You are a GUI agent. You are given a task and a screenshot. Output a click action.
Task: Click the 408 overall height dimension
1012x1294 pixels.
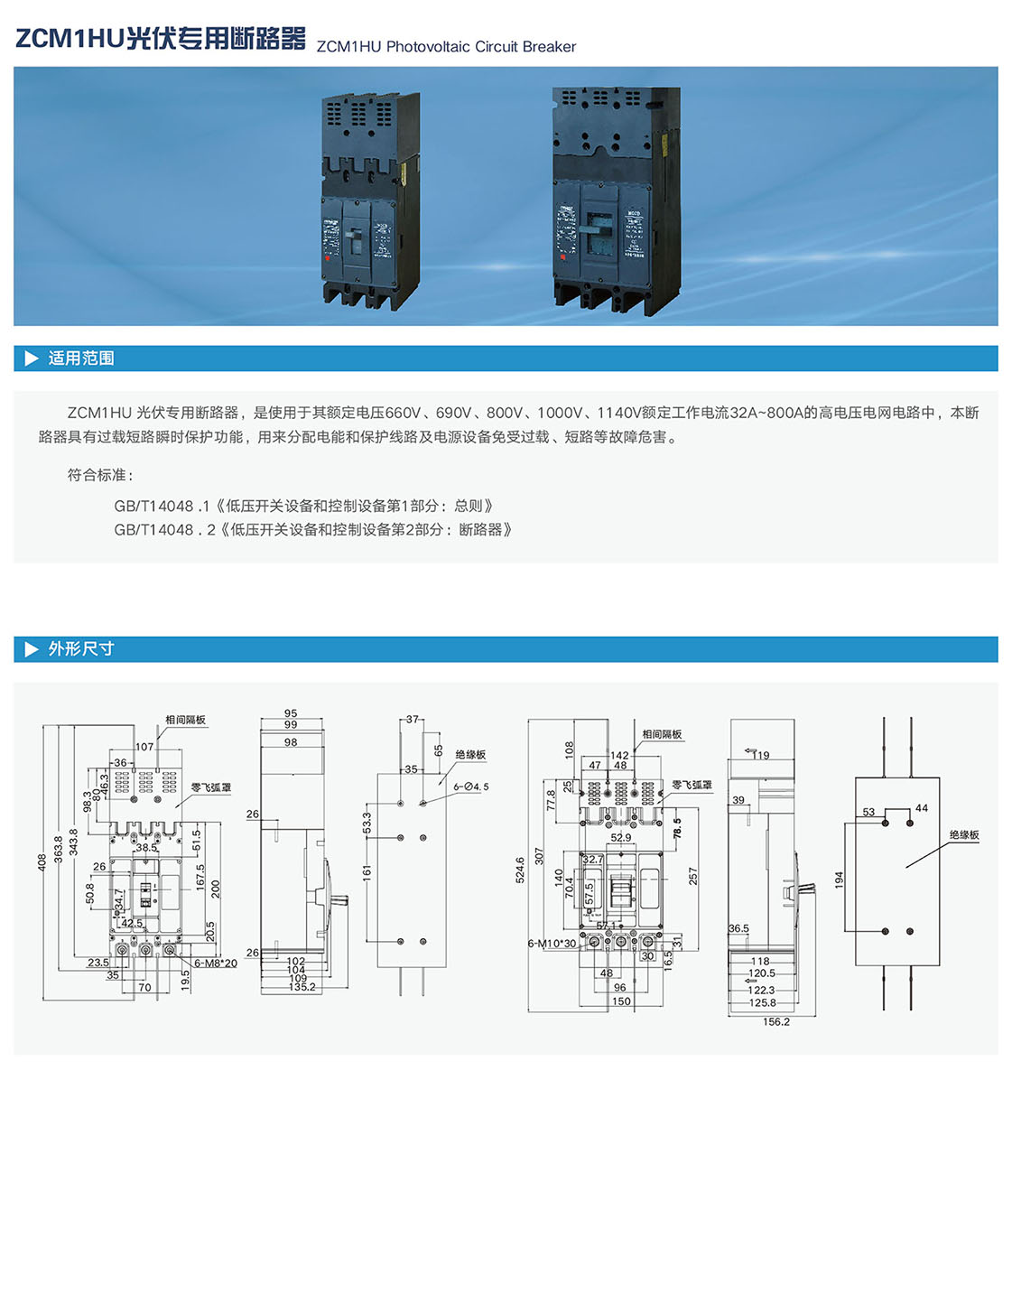pyautogui.click(x=42, y=862)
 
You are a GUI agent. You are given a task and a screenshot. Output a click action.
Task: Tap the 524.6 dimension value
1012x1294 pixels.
pyautogui.click(x=520, y=870)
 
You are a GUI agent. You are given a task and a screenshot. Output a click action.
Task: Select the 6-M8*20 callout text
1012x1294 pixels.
pyautogui.click(x=216, y=964)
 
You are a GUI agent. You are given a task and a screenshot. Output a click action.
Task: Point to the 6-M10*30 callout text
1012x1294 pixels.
pyautogui.click(x=552, y=944)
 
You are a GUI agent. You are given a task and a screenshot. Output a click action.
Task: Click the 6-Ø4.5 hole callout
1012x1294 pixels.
pyautogui.click(x=471, y=787)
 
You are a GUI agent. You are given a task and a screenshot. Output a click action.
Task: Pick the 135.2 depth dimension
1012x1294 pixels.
pyautogui.click(x=302, y=987)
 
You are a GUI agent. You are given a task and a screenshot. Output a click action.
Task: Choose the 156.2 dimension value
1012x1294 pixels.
pyautogui.click(x=776, y=1022)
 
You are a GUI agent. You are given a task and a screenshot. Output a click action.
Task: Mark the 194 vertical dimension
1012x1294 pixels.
pyautogui.click(x=839, y=879)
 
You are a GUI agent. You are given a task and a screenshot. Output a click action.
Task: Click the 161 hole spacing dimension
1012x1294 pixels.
pyautogui.click(x=367, y=872)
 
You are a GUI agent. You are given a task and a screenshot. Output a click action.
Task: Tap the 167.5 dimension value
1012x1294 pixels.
pyautogui.click(x=200, y=877)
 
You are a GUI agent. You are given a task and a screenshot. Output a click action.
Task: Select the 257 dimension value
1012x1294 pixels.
pyautogui.click(x=693, y=876)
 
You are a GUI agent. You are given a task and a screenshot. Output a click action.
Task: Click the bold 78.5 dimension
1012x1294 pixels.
pyautogui.click(x=677, y=828)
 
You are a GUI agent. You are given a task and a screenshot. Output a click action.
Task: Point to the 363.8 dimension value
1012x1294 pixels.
pyautogui.click(x=59, y=849)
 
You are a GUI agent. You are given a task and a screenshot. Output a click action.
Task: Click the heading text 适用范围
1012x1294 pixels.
pyautogui.click(x=81, y=358)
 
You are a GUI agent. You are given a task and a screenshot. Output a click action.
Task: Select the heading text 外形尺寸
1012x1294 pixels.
pyautogui.click(x=81, y=649)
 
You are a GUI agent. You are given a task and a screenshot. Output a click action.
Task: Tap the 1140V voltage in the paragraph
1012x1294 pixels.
pyautogui.click(x=618, y=413)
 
